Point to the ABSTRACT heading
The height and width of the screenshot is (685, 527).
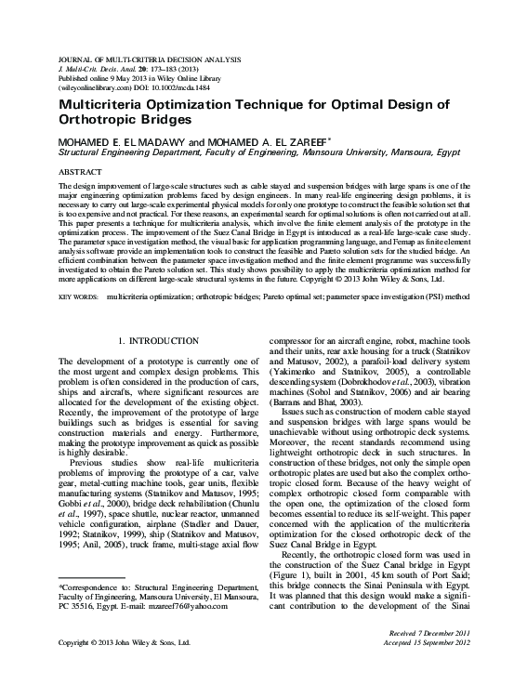(x=81, y=173)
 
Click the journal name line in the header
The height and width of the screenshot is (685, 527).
(x=155, y=59)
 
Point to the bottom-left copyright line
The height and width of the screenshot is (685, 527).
(x=124, y=641)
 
